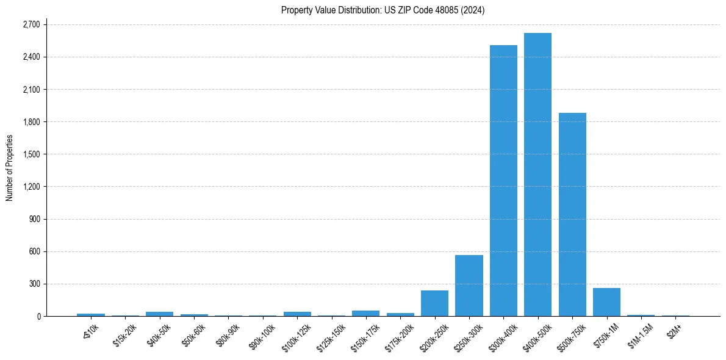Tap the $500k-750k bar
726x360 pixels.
point(572,214)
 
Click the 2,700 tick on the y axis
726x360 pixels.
point(31,24)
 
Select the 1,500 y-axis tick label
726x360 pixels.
point(31,154)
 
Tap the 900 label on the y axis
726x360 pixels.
point(34,219)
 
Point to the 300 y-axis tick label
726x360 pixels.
point(34,284)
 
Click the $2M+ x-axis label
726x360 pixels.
point(674,330)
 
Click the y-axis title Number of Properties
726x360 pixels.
point(9,168)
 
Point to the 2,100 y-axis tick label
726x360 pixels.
point(31,90)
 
